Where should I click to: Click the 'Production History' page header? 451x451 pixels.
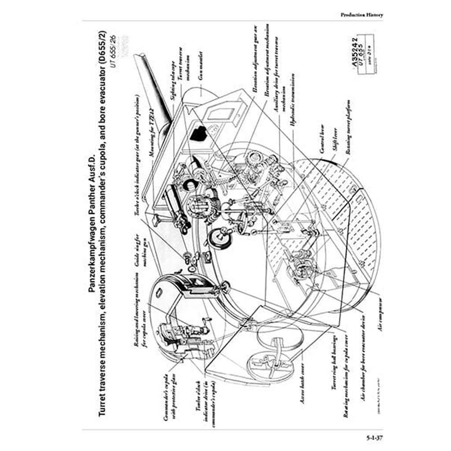[362, 15]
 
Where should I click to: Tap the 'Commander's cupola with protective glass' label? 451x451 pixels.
[170, 408]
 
